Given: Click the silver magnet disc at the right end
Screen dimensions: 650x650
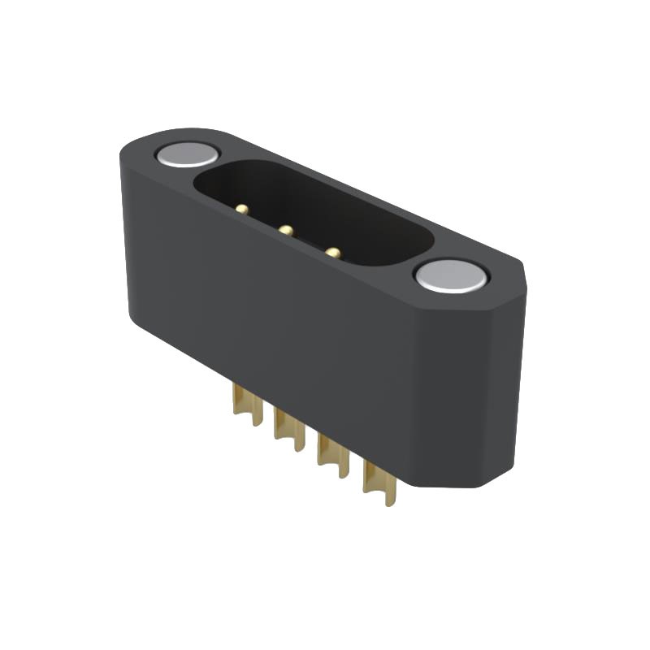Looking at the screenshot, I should (451, 276).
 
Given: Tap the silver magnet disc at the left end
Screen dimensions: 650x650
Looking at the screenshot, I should (187, 154).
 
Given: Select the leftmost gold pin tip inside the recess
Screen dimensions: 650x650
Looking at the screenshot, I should (241, 210).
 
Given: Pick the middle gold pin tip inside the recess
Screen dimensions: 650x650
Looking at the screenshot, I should (285, 231).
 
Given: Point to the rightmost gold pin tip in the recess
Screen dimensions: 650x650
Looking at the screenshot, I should (332, 253).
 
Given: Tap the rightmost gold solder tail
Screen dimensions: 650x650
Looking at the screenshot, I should (379, 479).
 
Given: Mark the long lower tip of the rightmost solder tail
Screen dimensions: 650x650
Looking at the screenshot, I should (391, 497).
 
